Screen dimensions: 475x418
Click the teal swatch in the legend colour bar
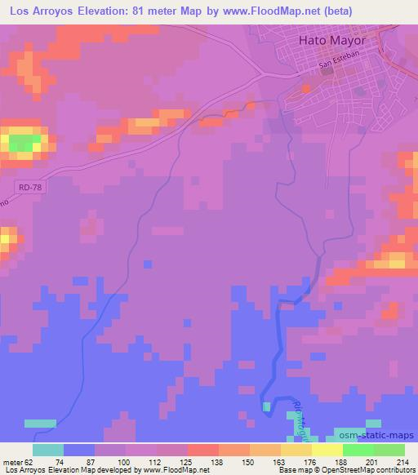pos(48,450)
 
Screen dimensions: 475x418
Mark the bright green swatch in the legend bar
pos(358,450)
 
